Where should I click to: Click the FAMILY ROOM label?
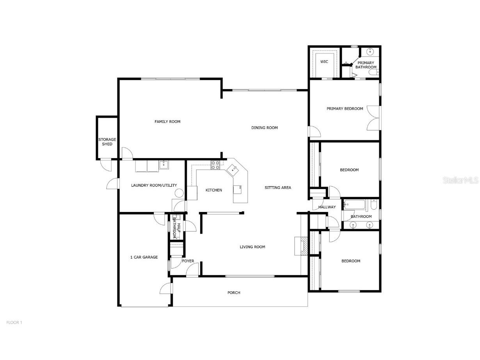pyautogui.click(x=167, y=122)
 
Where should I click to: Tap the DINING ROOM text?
pyautogui.click(x=264, y=128)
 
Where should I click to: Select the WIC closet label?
pyautogui.click(x=324, y=62)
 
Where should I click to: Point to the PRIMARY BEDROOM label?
pyautogui.click(x=345, y=109)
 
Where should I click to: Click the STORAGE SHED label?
pyautogui.click(x=107, y=142)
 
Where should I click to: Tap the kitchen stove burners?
pyautogui.click(x=215, y=165)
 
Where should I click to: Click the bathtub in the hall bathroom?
pyautogui.click(x=354, y=205)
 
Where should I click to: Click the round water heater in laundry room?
pyautogui.click(x=179, y=193)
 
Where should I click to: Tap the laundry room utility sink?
pyautogui.click(x=164, y=165)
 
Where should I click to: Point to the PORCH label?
pyautogui.click(x=234, y=293)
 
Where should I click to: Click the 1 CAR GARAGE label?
pyautogui.click(x=144, y=257)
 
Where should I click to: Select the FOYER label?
pyautogui.click(x=188, y=261)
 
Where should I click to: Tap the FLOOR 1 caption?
pyautogui.click(x=14, y=323)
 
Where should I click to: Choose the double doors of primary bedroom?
pyautogui.click(x=374, y=118)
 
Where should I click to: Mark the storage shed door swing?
pyautogui.click(x=105, y=166)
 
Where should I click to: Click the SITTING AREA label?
pyautogui.click(x=278, y=188)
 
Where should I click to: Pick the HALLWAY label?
pyautogui.click(x=327, y=207)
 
